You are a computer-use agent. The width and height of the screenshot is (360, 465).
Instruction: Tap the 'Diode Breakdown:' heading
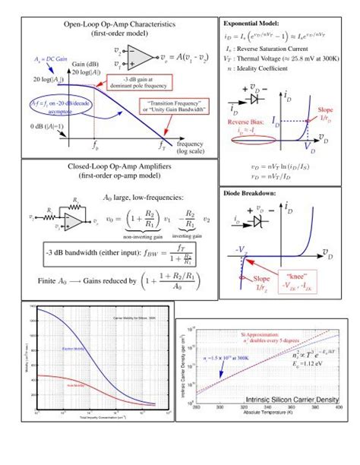click(x=248, y=193)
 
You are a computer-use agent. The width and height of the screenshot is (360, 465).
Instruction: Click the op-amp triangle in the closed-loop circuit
click(x=74, y=220)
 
